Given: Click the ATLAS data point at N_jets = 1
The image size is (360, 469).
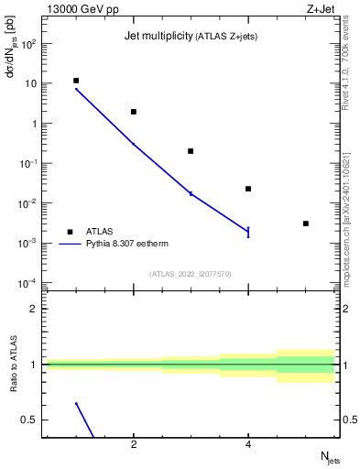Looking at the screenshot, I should [76, 81].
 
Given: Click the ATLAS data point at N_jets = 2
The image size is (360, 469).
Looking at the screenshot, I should [134, 112].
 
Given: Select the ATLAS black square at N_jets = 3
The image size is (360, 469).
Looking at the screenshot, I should [191, 151].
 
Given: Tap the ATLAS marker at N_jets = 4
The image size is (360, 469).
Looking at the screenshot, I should [248, 189].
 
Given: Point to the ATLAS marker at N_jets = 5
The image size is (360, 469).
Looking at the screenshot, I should [305, 224].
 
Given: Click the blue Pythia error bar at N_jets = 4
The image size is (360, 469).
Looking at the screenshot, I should [248, 232].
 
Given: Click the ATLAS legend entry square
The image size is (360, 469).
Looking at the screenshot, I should [70, 233].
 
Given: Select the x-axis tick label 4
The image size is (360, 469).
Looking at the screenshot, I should [248, 445].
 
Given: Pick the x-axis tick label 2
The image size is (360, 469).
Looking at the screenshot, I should [134, 445].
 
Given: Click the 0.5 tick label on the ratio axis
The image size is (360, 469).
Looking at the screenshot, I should [29, 420].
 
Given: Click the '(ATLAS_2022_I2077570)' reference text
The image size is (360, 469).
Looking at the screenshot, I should [191, 272].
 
